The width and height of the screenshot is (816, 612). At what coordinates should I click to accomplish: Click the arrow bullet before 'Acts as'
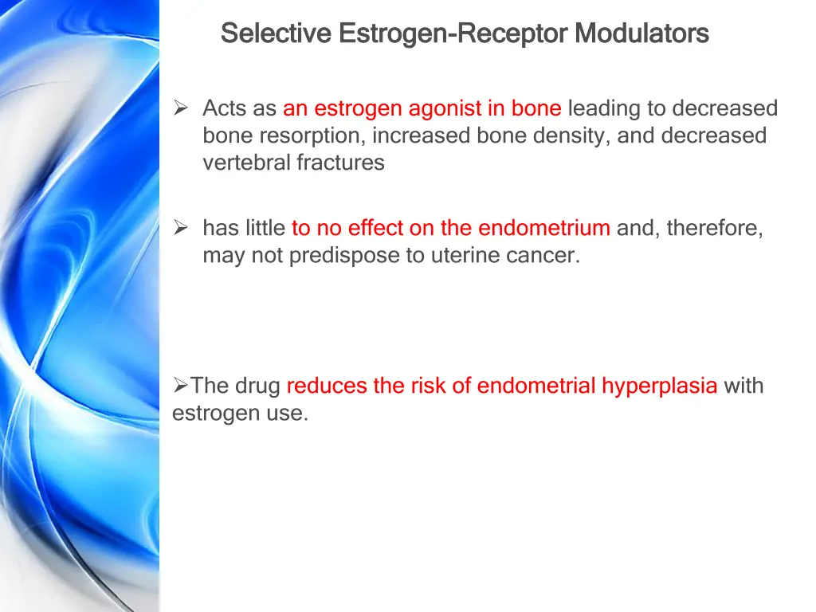point(181,108)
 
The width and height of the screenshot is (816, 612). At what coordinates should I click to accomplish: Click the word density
point(573,135)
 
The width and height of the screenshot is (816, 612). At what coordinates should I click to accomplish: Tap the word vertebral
point(246,163)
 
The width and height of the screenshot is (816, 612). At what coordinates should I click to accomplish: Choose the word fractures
point(341,163)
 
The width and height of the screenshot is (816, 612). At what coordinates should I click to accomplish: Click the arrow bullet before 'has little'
point(181,229)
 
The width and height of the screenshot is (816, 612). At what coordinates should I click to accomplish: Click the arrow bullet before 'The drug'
point(180,386)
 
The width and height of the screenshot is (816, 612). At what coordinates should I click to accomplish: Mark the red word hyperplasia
point(659,386)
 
